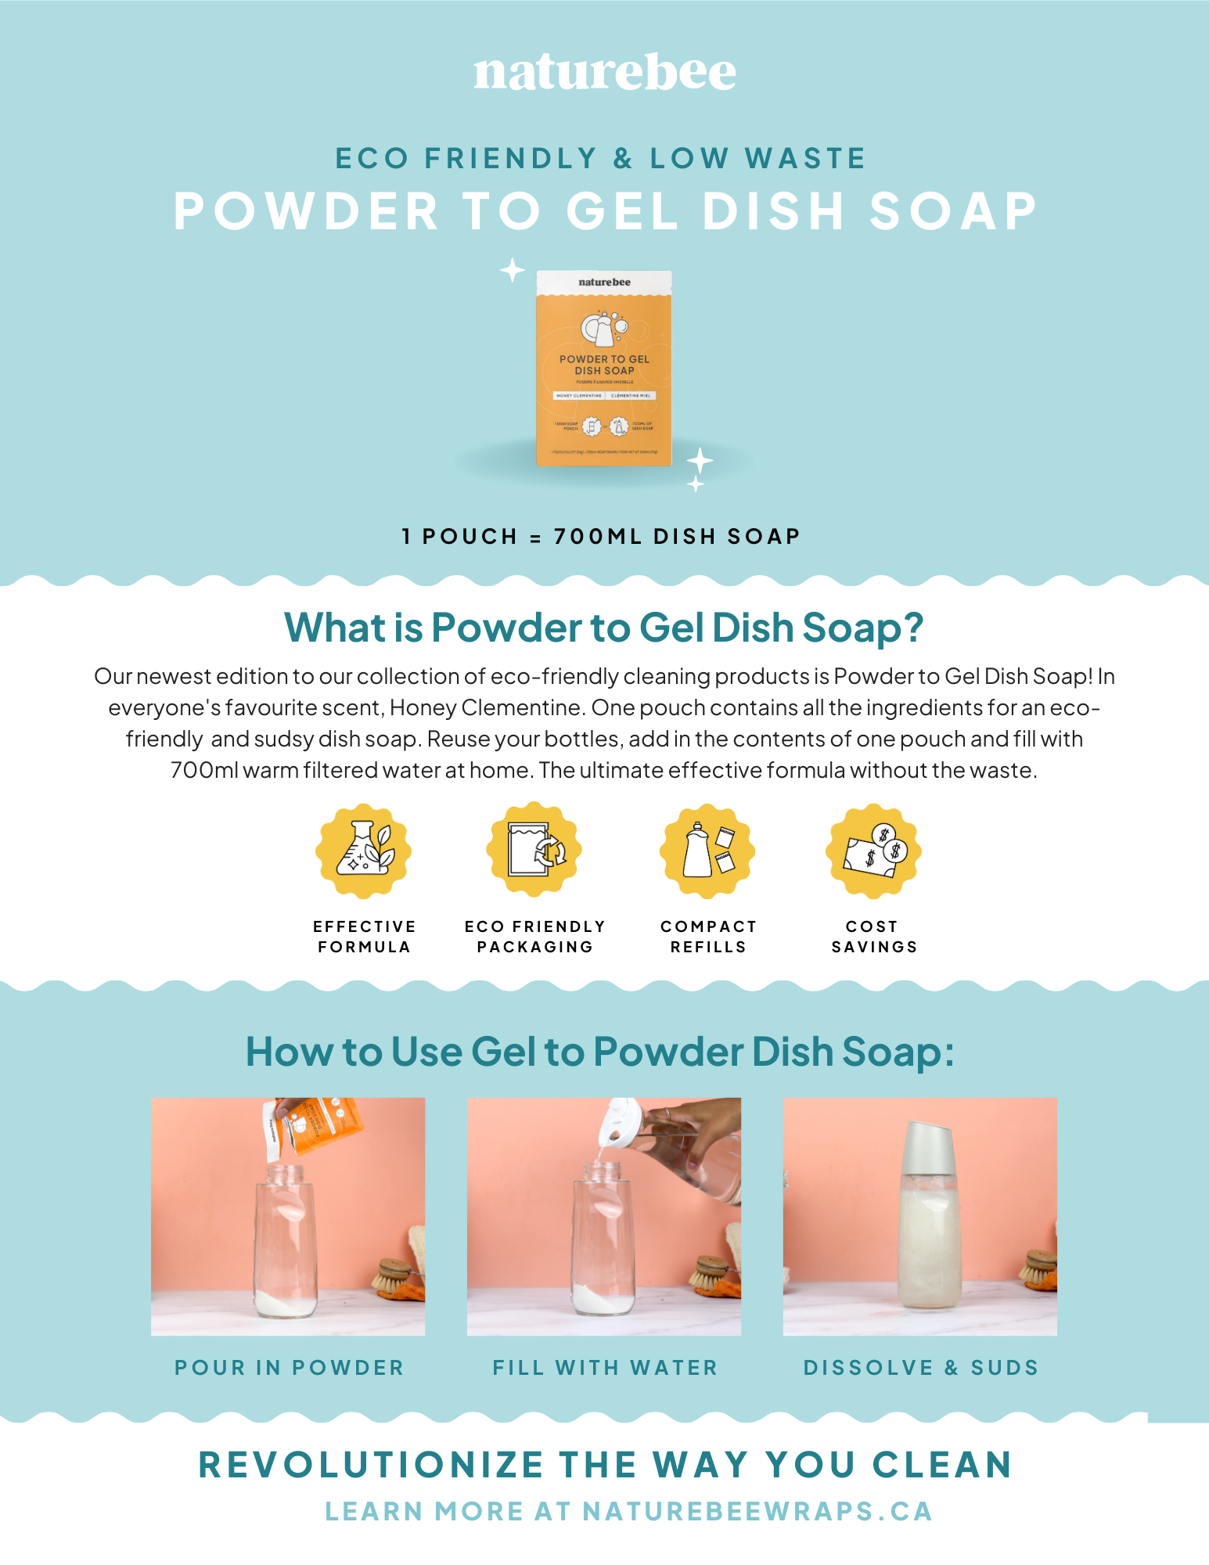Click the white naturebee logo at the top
point(604,73)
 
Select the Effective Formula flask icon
point(364,851)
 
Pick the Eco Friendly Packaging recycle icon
point(534,850)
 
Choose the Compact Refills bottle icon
point(707,851)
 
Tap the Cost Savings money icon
point(873,851)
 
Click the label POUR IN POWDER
point(289,1368)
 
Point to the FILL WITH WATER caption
point(605,1368)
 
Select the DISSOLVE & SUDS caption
point(921,1368)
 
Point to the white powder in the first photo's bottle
point(286,1303)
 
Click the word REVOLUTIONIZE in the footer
point(371,1465)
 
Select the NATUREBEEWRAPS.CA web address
point(757,1512)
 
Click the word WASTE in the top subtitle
point(805,159)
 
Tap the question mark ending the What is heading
point(912,628)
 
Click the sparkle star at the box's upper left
point(513,270)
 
